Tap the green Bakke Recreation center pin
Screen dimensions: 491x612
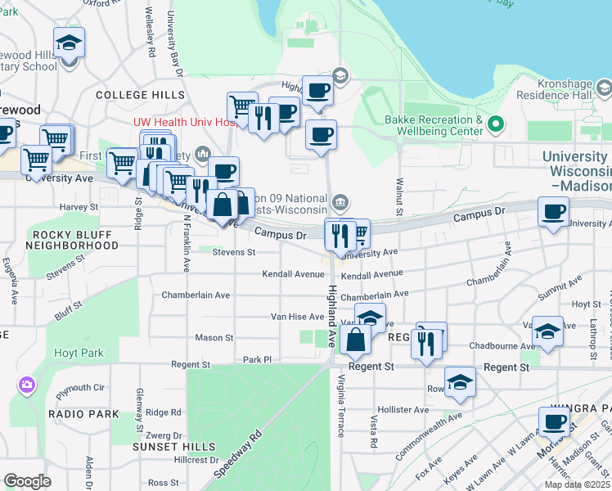[x=494, y=126]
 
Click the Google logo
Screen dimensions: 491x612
[x=27, y=481]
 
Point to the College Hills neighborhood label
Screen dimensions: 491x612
[x=140, y=95]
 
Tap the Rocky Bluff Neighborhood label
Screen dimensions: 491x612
[x=70, y=240]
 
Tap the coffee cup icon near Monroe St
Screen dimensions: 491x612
[x=554, y=421]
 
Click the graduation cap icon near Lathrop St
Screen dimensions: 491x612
[x=547, y=331]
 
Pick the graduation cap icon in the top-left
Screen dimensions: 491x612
[x=70, y=43]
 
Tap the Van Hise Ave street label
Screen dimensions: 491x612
[x=298, y=317]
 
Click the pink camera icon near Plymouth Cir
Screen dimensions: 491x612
[x=28, y=385]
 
